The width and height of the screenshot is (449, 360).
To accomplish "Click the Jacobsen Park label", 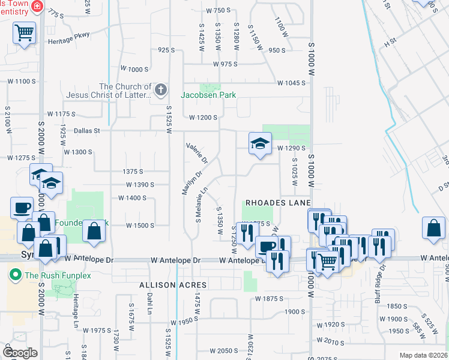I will pyautogui.click(x=209, y=95).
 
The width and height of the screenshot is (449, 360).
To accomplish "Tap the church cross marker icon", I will pyautogui.click(x=160, y=91).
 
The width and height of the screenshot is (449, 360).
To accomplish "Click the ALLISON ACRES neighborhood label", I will pyautogui.click(x=173, y=284).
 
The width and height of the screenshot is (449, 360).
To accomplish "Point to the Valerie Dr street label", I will pyautogui.click(x=197, y=154).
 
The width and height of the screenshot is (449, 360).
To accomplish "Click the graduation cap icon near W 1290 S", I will pyautogui.click(x=261, y=143).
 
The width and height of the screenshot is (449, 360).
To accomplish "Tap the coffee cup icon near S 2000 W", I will pyautogui.click(x=22, y=208).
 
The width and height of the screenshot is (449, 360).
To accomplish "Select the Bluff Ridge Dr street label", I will pyautogui.click(x=382, y=275).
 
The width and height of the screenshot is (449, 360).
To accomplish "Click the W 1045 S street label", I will pyautogui.click(x=291, y=83).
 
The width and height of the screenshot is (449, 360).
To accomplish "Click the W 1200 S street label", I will pyautogui.click(x=202, y=118).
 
